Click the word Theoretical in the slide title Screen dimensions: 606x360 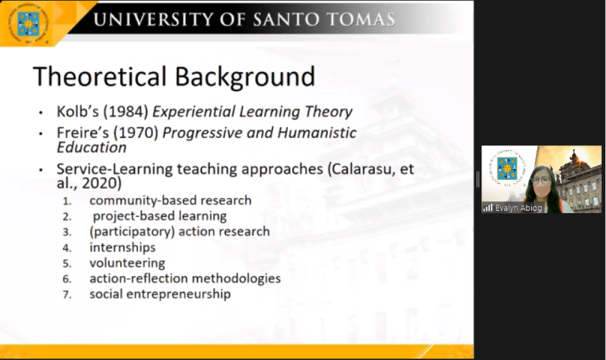click(100, 76)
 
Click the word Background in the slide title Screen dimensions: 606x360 click(245, 77)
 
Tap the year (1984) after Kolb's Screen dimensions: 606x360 click(125, 112)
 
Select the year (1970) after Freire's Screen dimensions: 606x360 click(136, 133)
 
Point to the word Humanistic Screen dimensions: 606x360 click(317, 133)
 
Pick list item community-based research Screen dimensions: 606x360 click(170, 201)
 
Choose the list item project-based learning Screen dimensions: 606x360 click(159, 216)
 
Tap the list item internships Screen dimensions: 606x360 click(122, 247)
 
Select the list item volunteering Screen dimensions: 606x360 click(127, 263)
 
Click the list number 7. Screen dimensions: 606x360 click(67, 295)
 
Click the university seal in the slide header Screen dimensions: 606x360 click(28, 23)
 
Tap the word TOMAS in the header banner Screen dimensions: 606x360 click(360, 19)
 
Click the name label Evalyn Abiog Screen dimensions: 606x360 click(518, 208)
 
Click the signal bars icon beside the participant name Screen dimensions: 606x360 click(488, 208)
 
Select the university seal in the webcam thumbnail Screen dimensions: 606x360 click(507, 167)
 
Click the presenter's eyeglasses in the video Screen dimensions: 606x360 click(541, 180)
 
